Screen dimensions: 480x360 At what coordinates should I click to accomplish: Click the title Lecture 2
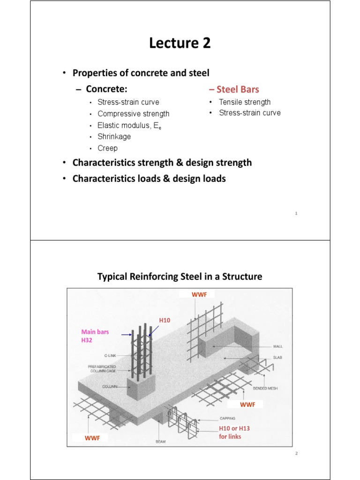pyautogui.click(x=180, y=44)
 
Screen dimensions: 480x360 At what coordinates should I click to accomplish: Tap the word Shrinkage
pyautogui.click(x=114, y=136)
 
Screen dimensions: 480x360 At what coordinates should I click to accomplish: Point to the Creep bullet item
pyautogui.click(x=107, y=148)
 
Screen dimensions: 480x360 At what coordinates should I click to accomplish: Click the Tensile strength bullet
pyautogui.click(x=245, y=102)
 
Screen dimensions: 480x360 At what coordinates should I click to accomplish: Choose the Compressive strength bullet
pyautogui.click(x=133, y=113)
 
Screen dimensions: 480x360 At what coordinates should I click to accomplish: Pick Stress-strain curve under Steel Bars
pyautogui.click(x=250, y=113)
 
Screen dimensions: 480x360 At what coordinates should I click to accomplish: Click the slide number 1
pyautogui.click(x=297, y=214)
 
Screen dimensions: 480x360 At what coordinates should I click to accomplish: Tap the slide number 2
pyautogui.click(x=297, y=454)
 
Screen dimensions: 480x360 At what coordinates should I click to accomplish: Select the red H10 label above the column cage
pyautogui.click(x=165, y=320)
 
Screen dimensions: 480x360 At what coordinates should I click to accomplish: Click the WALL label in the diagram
pyautogui.click(x=278, y=346)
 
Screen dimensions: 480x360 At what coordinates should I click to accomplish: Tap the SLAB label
pyautogui.click(x=278, y=358)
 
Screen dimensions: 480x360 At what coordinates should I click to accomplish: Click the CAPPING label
pyautogui.click(x=228, y=418)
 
